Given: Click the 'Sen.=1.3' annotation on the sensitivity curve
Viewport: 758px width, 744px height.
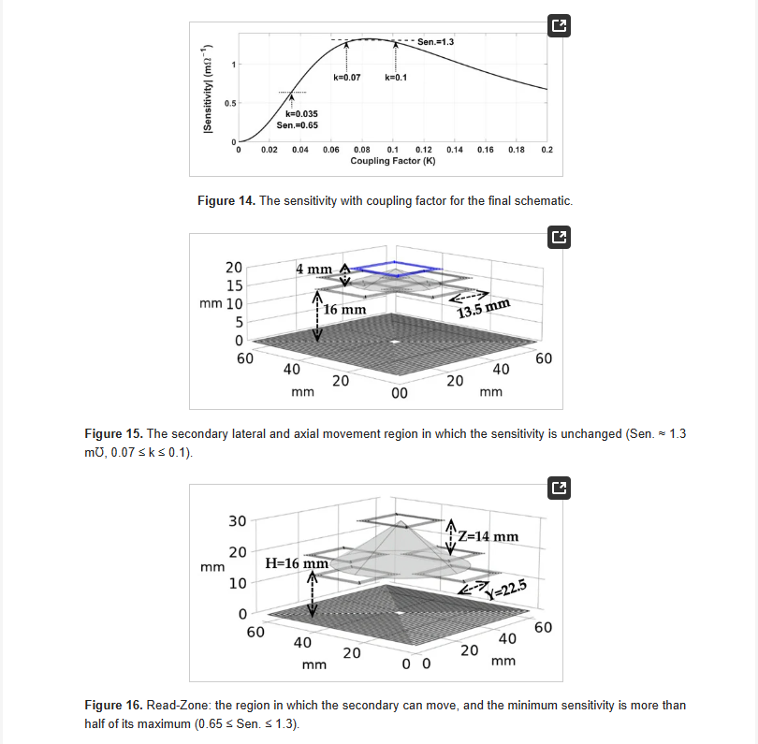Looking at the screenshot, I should click(436, 42).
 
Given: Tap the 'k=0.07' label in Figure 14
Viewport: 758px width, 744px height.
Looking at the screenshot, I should click(346, 77).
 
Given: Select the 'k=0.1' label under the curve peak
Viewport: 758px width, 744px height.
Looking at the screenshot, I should click(395, 77).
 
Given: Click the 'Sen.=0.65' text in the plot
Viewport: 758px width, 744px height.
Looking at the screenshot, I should click(298, 124).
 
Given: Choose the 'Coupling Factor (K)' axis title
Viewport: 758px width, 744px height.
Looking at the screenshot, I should click(393, 161).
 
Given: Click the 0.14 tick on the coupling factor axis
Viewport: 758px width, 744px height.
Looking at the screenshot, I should click(455, 150).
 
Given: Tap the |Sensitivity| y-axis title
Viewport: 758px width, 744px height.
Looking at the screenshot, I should click(209, 93).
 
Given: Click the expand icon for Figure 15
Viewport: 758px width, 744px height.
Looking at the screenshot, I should click(558, 238).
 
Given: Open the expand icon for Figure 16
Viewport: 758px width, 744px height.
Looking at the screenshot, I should click(558, 487).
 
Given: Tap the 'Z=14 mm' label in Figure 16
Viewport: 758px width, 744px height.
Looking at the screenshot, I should click(488, 537).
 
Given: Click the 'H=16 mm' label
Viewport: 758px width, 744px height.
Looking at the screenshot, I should click(297, 563).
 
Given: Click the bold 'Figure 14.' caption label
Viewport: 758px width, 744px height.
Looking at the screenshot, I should click(226, 200).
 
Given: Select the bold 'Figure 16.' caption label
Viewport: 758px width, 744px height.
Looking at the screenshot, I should click(113, 705).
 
